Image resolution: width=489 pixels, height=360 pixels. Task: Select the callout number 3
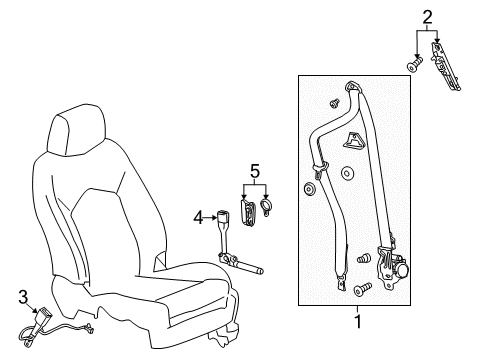tap(22, 296)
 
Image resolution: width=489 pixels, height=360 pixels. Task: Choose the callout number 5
tap(254, 171)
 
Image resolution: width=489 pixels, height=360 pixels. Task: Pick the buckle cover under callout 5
tap(246, 210)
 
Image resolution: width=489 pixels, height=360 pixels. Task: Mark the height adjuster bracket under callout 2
tap(445, 70)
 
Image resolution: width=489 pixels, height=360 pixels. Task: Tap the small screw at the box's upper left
tap(335, 102)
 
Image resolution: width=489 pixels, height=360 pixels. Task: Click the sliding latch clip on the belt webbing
tap(319, 164)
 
